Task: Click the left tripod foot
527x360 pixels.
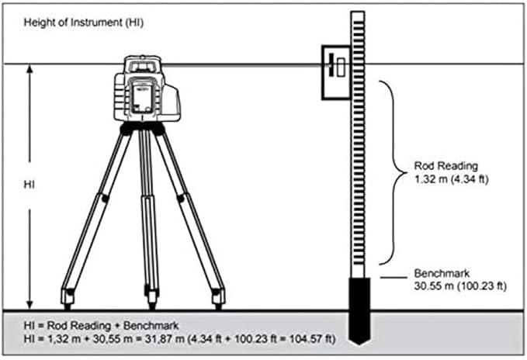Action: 68,296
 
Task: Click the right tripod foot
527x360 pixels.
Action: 219,296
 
